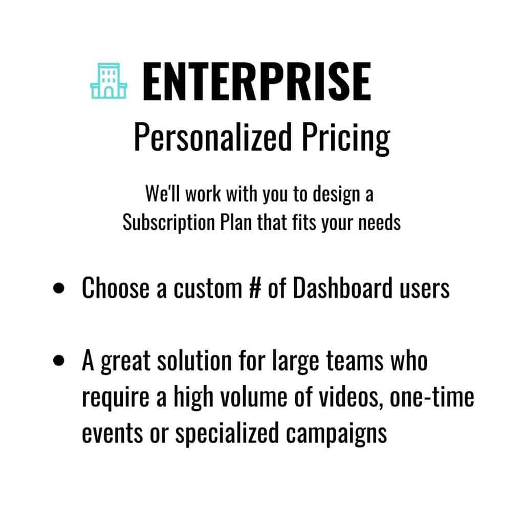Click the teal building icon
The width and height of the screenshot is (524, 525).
[x=109, y=81]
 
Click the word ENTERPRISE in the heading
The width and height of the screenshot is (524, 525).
[x=257, y=81]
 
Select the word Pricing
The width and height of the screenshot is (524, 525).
[x=346, y=138]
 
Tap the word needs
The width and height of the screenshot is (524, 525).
[x=380, y=222]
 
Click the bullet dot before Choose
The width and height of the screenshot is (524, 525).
[x=58, y=288]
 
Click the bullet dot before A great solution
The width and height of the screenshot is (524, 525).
[x=58, y=360]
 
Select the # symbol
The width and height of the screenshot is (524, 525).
[x=255, y=288]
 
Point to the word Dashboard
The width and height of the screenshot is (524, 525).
[x=343, y=288]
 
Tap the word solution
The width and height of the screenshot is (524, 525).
[x=194, y=361]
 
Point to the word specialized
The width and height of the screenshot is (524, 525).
[x=227, y=434]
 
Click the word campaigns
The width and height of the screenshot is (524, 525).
[x=336, y=435]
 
